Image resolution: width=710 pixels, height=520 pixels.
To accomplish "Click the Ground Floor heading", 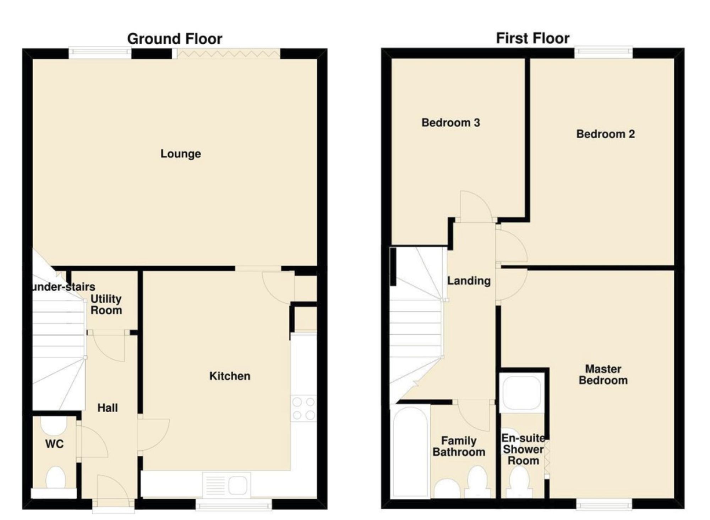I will [x=175, y=39].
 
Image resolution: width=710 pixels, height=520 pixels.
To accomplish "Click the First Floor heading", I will [x=532, y=38].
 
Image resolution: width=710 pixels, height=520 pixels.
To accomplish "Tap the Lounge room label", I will [x=181, y=154].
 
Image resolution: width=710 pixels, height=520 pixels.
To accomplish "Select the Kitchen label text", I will [x=230, y=376].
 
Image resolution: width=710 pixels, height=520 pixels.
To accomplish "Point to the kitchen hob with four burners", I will [x=304, y=409].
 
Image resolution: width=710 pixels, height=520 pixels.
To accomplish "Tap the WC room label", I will [x=54, y=444].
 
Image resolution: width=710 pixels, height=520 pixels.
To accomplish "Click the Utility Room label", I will [x=106, y=304].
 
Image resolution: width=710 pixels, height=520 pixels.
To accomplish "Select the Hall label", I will [x=108, y=408].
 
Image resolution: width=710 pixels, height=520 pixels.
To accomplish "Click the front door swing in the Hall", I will [x=113, y=489].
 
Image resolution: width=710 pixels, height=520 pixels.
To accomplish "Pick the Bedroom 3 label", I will [x=450, y=123].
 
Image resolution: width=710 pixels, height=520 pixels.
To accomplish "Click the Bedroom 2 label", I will [x=605, y=134].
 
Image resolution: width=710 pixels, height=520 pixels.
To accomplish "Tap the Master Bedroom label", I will [x=603, y=375].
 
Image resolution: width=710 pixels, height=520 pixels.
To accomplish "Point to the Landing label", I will [x=469, y=281].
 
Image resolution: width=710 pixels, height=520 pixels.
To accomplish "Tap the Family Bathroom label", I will [x=459, y=446].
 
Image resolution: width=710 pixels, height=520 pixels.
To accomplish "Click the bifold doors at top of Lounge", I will [x=228, y=54].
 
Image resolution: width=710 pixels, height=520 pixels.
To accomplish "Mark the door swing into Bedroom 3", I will [x=475, y=206].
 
